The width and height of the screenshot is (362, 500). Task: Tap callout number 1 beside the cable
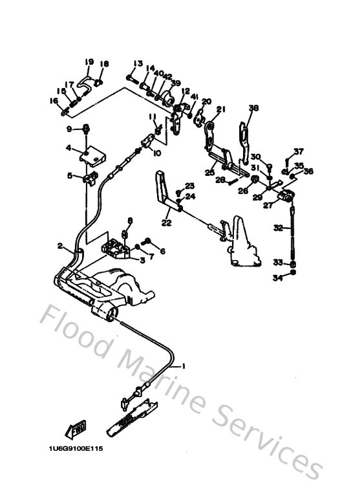pyautogui.click(x=183, y=366)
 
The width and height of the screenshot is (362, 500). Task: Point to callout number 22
pyautogui.click(x=166, y=223)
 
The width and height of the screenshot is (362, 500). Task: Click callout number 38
pyautogui.click(x=253, y=108)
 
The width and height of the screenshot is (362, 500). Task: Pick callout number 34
pyautogui.click(x=277, y=278)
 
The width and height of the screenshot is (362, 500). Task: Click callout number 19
pyautogui.click(x=89, y=62)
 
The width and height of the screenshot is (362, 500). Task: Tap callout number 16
pyautogui.click(x=55, y=102)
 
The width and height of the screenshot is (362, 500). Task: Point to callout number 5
pyautogui.click(x=70, y=175)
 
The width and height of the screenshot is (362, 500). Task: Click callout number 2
pyautogui.click(x=60, y=246)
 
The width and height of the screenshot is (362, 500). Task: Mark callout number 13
pyautogui.click(x=138, y=63)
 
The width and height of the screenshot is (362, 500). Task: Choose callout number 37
pyautogui.click(x=298, y=151)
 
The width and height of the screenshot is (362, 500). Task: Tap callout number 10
pyautogui.click(x=156, y=154)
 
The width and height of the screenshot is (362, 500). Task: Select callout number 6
pyautogui.click(x=162, y=252)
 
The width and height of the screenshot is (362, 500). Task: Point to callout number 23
pyautogui.click(x=190, y=185)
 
